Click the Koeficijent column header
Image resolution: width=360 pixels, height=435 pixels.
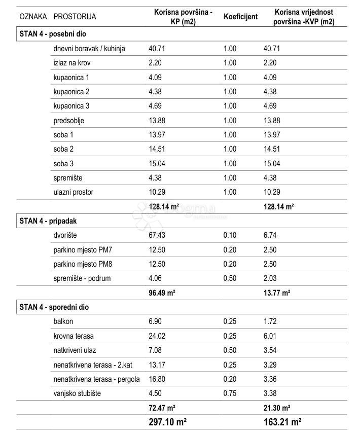click(240, 17)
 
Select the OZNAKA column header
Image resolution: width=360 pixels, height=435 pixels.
click(32, 17)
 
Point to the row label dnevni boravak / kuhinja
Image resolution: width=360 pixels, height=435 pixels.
click(89, 49)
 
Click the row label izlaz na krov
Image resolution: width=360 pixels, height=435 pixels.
click(72, 63)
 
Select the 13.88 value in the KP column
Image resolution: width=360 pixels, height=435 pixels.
click(157, 121)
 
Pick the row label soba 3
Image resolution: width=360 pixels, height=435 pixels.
click(63, 164)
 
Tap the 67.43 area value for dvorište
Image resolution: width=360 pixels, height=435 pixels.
click(157, 235)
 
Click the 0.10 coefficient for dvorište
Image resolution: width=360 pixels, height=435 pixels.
click(230, 235)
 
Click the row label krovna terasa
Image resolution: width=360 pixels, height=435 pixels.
click(74, 336)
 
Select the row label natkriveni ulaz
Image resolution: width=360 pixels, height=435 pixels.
click(75, 350)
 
